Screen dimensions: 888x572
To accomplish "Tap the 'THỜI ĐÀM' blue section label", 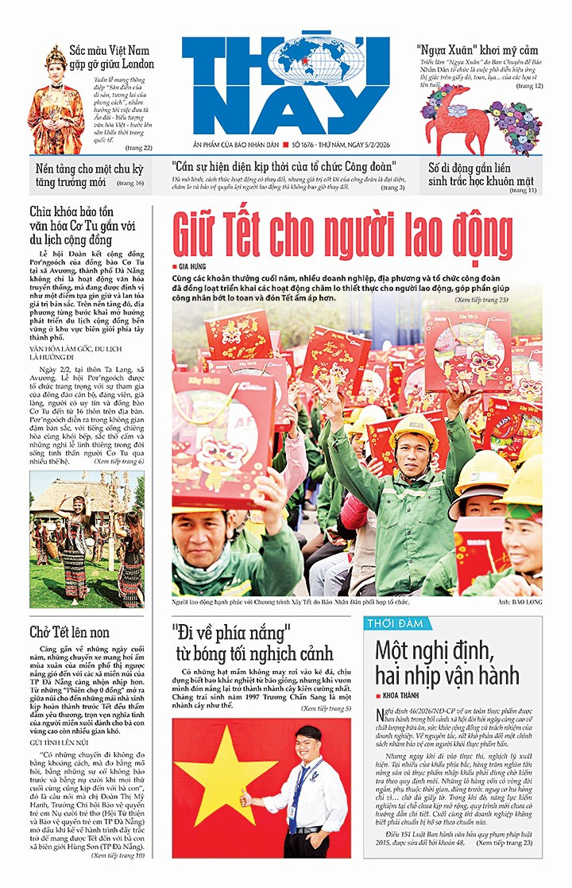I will [x=395, y=624].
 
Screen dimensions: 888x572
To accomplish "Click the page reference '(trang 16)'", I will [x=129, y=184].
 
